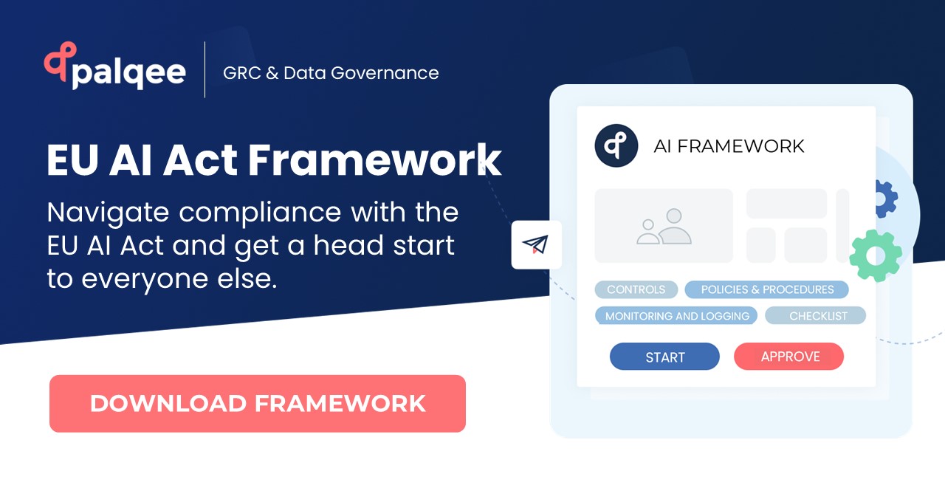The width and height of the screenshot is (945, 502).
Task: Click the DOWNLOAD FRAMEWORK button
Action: [x=257, y=403]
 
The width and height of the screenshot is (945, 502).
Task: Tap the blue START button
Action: [x=664, y=357]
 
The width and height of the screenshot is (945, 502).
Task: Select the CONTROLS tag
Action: [x=636, y=289]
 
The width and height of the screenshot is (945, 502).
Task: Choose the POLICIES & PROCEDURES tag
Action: [x=767, y=289]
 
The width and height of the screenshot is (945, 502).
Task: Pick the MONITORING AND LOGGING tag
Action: [x=676, y=316]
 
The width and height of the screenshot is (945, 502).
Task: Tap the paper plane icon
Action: [x=537, y=244]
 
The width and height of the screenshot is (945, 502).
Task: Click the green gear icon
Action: [x=876, y=255]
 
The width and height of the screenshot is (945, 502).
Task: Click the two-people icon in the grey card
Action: [x=664, y=227]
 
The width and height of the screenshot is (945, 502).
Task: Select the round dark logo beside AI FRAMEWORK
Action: [x=616, y=145]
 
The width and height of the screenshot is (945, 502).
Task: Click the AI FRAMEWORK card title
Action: [x=729, y=146]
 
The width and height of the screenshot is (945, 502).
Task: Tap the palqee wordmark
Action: [x=128, y=72]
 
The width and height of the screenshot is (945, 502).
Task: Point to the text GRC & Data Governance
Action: [x=331, y=73]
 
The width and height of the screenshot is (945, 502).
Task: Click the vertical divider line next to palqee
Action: [x=205, y=70]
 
